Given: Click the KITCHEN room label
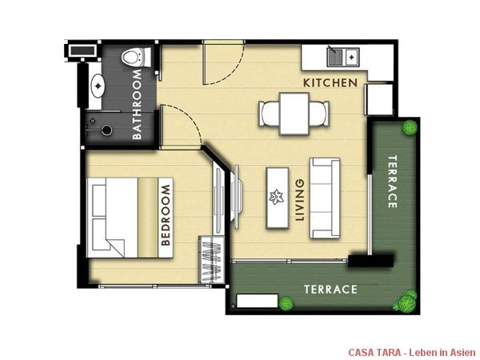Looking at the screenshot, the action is tap(330, 82).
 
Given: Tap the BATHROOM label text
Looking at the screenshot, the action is tap(137, 104).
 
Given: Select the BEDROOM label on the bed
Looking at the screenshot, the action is tap(166, 215).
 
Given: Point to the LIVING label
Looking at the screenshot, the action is tap(300, 200).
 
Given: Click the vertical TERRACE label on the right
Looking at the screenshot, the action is tap(393, 182).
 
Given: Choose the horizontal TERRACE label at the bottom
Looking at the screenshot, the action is tap(330, 290).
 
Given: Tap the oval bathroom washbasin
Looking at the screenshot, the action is tap(98, 86).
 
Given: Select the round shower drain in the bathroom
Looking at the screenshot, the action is tap(106, 130).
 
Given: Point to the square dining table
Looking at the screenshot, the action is tap(294, 114).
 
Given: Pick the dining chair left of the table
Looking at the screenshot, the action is tap(269, 114).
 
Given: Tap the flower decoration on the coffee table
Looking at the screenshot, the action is tap(277, 197).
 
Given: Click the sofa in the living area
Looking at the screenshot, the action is tap(325, 198).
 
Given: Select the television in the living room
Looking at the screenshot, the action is tap(236, 196).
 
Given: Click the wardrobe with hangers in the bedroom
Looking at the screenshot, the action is tap(212, 260).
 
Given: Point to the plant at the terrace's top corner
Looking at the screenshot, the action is tap(410, 127).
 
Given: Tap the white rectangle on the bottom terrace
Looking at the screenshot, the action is tap(257, 301).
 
